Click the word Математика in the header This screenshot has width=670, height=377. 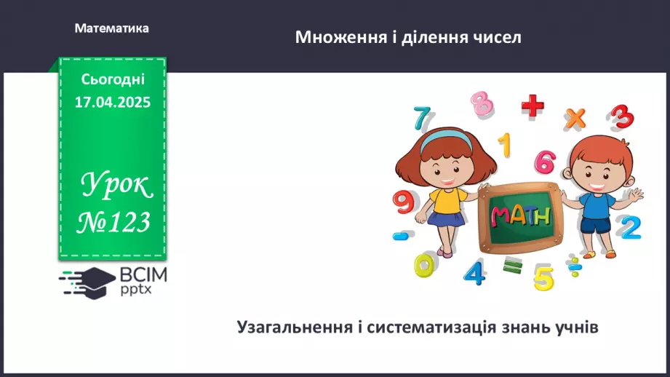pos(111,28)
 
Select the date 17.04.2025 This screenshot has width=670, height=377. pos(112,103)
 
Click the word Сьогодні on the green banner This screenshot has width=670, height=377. pos(112,79)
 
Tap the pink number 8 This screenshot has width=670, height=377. pos(482,103)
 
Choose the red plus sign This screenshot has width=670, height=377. pos(533,106)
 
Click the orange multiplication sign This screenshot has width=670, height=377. pos(575,116)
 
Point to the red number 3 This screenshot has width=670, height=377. pos(621,117)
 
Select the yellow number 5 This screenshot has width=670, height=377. pos(543,277)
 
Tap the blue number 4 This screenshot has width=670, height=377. pos(474,272)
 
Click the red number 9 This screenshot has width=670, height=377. pos(402,201)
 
